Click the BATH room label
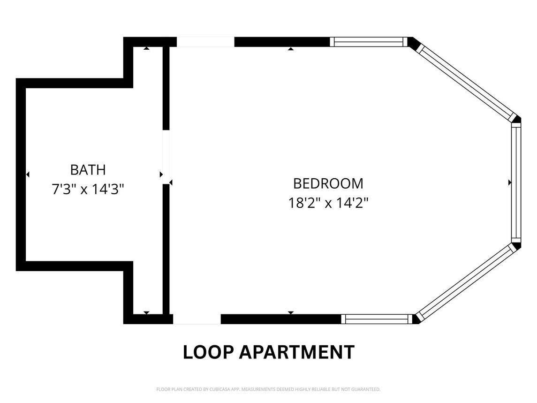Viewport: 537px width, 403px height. [x=88, y=170]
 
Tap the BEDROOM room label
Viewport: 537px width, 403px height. [x=328, y=184]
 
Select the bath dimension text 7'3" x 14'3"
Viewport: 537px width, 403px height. [x=88, y=189]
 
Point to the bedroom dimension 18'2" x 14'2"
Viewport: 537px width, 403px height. [x=328, y=203]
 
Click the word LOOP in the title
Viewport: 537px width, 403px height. [x=208, y=352]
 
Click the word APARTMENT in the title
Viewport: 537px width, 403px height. [x=296, y=352]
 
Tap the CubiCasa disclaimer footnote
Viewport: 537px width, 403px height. [x=268, y=389]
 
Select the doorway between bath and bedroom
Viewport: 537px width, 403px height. [x=166, y=157]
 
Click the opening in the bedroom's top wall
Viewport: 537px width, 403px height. [x=205, y=42]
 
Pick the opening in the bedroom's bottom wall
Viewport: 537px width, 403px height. [x=197, y=319]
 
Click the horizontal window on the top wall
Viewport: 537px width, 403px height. [x=369, y=42]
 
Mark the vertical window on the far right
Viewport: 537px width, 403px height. [x=516, y=182]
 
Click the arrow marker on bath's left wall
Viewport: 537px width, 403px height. [x=28, y=175]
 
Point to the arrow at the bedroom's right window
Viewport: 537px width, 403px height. [x=510, y=182]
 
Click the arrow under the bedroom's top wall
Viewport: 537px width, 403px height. [x=291, y=49]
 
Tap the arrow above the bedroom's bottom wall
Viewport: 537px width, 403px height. [x=291, y=312]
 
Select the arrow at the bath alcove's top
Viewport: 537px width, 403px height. [x=147, y=48]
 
